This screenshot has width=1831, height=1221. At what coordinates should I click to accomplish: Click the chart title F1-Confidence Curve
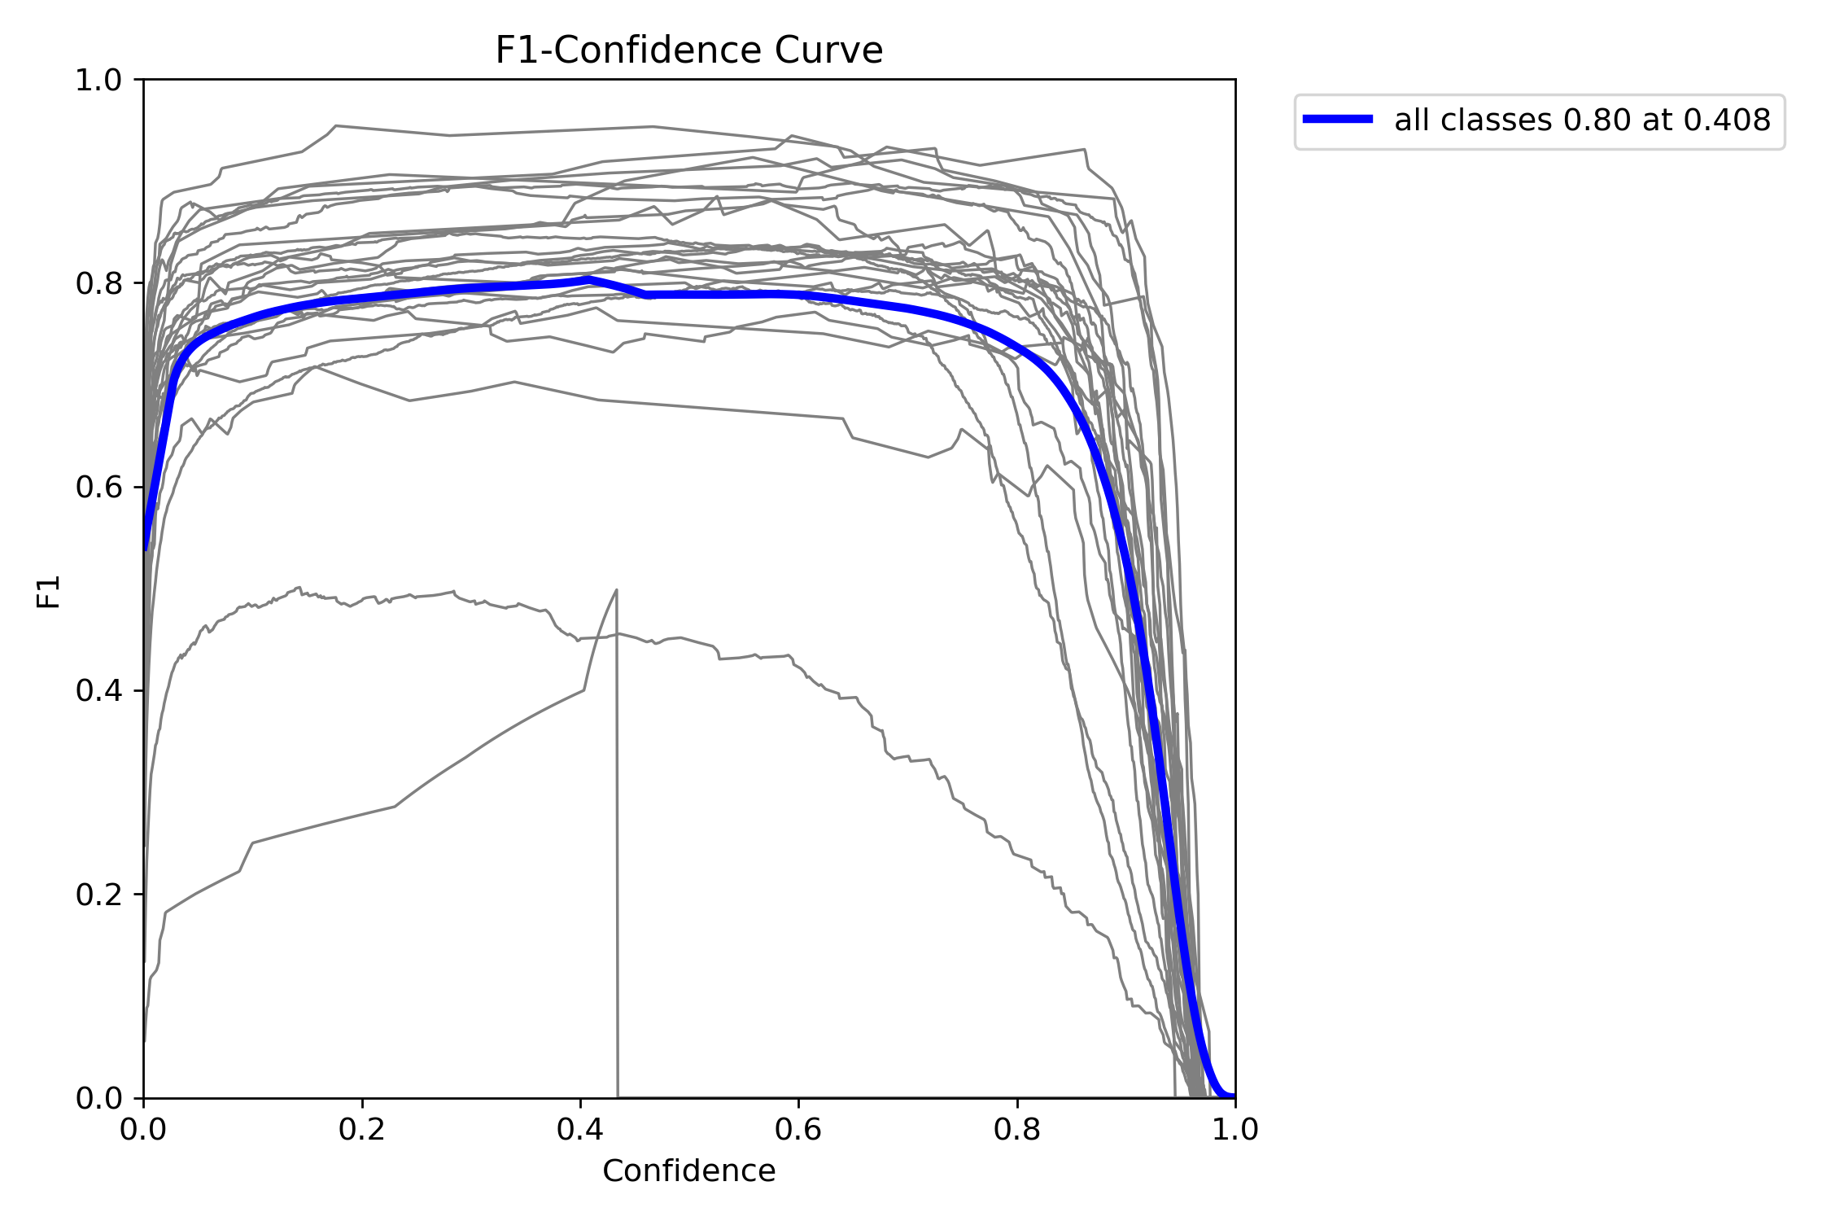click(688, 50)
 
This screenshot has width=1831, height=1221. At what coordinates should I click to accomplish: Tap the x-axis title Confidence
click(688, 1171)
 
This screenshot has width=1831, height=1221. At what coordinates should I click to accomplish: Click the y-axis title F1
click(49, 592)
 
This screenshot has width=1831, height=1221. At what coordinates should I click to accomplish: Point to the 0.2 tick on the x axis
click(361, 1129)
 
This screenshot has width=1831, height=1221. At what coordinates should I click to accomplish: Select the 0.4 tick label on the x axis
click(580, 1129)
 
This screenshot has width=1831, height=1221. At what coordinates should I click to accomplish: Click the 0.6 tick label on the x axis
click(798, 1129)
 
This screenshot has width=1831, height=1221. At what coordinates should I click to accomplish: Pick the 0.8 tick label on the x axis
click(1016, 1129)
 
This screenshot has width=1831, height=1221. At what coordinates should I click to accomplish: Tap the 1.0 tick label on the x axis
click(1235, 1129)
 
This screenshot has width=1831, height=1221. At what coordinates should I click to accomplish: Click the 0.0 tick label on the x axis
click(144, 1129)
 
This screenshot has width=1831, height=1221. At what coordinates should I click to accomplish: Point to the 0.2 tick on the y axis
click(98, 895)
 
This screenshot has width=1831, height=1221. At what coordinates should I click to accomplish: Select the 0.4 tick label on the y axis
click(98, 691)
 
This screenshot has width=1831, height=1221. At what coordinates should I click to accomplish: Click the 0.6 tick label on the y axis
click(98, 488)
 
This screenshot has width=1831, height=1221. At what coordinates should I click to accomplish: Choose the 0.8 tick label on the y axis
click(98, 283)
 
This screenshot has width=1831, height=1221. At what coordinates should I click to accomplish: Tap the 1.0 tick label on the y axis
click(98, 80)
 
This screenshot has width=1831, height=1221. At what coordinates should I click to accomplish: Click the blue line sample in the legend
click(1338, 120)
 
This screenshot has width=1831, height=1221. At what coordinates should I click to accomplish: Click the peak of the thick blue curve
click(588, 279)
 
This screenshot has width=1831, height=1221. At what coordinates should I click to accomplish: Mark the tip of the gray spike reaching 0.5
click(616, 589)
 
